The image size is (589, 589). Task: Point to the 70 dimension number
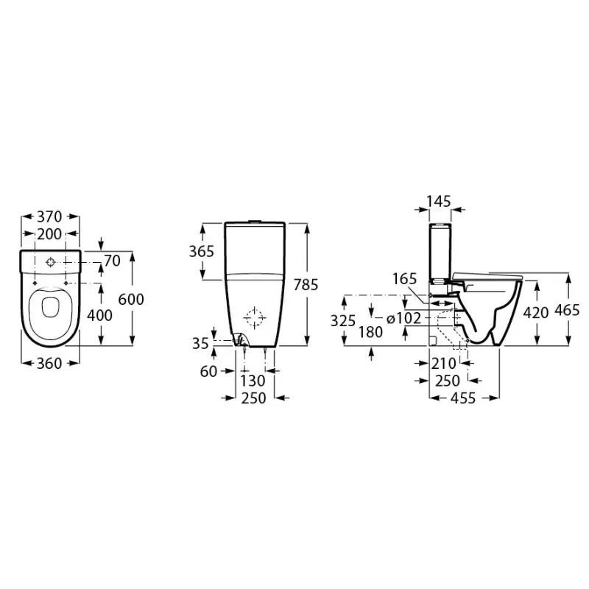[111, 260]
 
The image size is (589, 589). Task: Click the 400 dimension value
[99, 315]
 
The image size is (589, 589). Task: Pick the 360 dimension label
[50, 363]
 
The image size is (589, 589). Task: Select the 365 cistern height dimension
[201, 251]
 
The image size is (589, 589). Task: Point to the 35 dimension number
[199, 342]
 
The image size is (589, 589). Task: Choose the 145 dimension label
[440, 200]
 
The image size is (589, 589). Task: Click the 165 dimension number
[404, 280]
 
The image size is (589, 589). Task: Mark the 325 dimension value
[342, 320]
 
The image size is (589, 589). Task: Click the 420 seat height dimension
[535, 312]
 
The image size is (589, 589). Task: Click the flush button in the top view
[50, 262]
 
